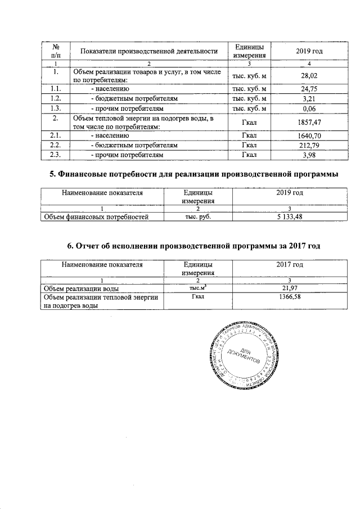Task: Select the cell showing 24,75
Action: (307, 89)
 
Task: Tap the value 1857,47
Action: (307, 121)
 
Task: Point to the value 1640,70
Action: (307, 136)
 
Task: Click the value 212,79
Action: (307, 145)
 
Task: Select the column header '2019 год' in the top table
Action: (307, 52)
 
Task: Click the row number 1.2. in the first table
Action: (55, 98)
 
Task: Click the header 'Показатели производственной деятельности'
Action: (149, 52)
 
